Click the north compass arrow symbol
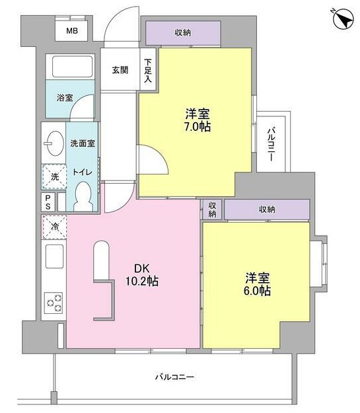click(343, 20)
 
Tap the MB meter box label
click(72, 31)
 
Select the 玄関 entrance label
click(120, 70)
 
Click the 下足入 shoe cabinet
click(148, 70)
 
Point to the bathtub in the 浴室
click(73, 66)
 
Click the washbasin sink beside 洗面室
click(55, 143)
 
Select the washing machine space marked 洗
click(55, 176)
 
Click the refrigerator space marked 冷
click(55, 226)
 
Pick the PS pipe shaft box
click(48, 202)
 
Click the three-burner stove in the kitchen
click(54, 303)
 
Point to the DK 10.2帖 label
click(142, 275)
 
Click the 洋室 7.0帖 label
click(198, 120)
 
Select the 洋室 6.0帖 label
click(258, 284)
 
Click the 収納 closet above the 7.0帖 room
click(183, 33)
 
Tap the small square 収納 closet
click(212, 209)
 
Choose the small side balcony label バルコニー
click(271, 144)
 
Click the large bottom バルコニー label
click(174, 377)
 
